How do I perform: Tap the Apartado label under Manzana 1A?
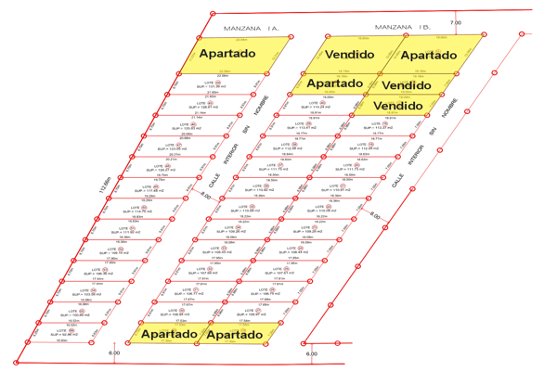tap(227, 54)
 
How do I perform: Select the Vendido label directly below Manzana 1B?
tap(350, 55)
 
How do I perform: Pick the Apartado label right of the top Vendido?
tap(428, 55)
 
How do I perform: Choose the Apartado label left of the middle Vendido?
tap(334, 83)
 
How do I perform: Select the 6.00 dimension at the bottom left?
tap(114, 353)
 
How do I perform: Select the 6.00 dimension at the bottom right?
tap(312, 353)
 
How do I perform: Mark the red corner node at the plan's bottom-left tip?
tap(16, 361)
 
